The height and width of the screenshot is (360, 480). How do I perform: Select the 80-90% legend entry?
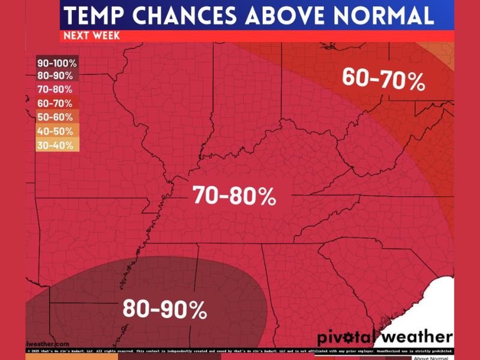tap(55, 76)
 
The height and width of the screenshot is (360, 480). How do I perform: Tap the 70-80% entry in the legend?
tap(55, 89)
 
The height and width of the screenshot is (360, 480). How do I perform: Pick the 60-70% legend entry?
tap(55, 103)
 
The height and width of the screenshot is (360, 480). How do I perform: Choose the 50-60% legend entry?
tap(55, 117)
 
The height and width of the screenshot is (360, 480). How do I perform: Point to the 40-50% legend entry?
tap(55, 131)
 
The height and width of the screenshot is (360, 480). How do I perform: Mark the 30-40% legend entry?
tap(55, 145)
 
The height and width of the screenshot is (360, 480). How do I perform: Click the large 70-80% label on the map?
tap(234, 196)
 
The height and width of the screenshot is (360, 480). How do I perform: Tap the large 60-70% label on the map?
tap(384, 79)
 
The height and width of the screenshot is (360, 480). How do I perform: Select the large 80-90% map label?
tap(165, 308)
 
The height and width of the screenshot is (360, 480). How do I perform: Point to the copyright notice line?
tap(240, 350)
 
